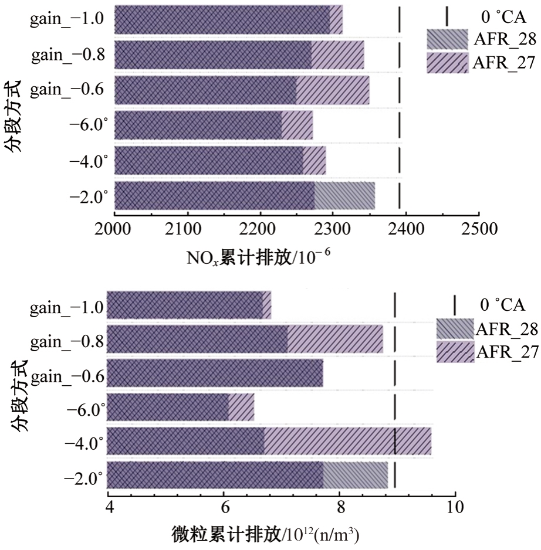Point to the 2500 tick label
point(479,228)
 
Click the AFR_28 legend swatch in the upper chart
point(447,39)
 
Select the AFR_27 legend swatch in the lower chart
point(455,351)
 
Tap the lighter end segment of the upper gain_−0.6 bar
point(332,90)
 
